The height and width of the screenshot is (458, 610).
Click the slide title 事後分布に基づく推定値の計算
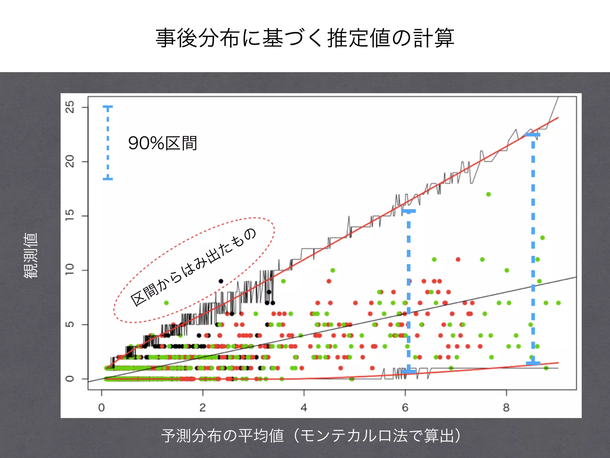coord(305,38)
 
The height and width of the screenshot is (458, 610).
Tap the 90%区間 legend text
coord(163,143)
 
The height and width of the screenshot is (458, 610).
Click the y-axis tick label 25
coord(70,107)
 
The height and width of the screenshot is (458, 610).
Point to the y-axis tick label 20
coord(70,162)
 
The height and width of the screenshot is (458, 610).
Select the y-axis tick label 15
coord(70,216)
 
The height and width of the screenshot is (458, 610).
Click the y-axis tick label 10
coord(70,270)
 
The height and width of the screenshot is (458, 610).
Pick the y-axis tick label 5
coord(70,324)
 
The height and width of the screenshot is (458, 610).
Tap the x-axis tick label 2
coord(203,408)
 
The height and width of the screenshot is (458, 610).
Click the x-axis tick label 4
coord(304,408)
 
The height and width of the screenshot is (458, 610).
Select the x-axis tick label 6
coord(405,408)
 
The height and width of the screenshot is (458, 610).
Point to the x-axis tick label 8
coord(506,408)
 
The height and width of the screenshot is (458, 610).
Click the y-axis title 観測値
coord(31,256)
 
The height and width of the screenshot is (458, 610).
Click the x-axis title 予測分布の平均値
coord(222,436)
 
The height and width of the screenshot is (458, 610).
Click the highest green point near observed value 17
coord(488,194)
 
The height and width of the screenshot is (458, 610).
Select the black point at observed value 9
coord(221,281)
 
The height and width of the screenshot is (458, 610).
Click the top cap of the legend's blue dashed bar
coord(108,107)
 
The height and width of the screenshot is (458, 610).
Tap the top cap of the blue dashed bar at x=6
coord(409,211)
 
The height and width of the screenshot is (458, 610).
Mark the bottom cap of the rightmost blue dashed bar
coord(533,363)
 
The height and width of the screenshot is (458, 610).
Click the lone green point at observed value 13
coord(542,238)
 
